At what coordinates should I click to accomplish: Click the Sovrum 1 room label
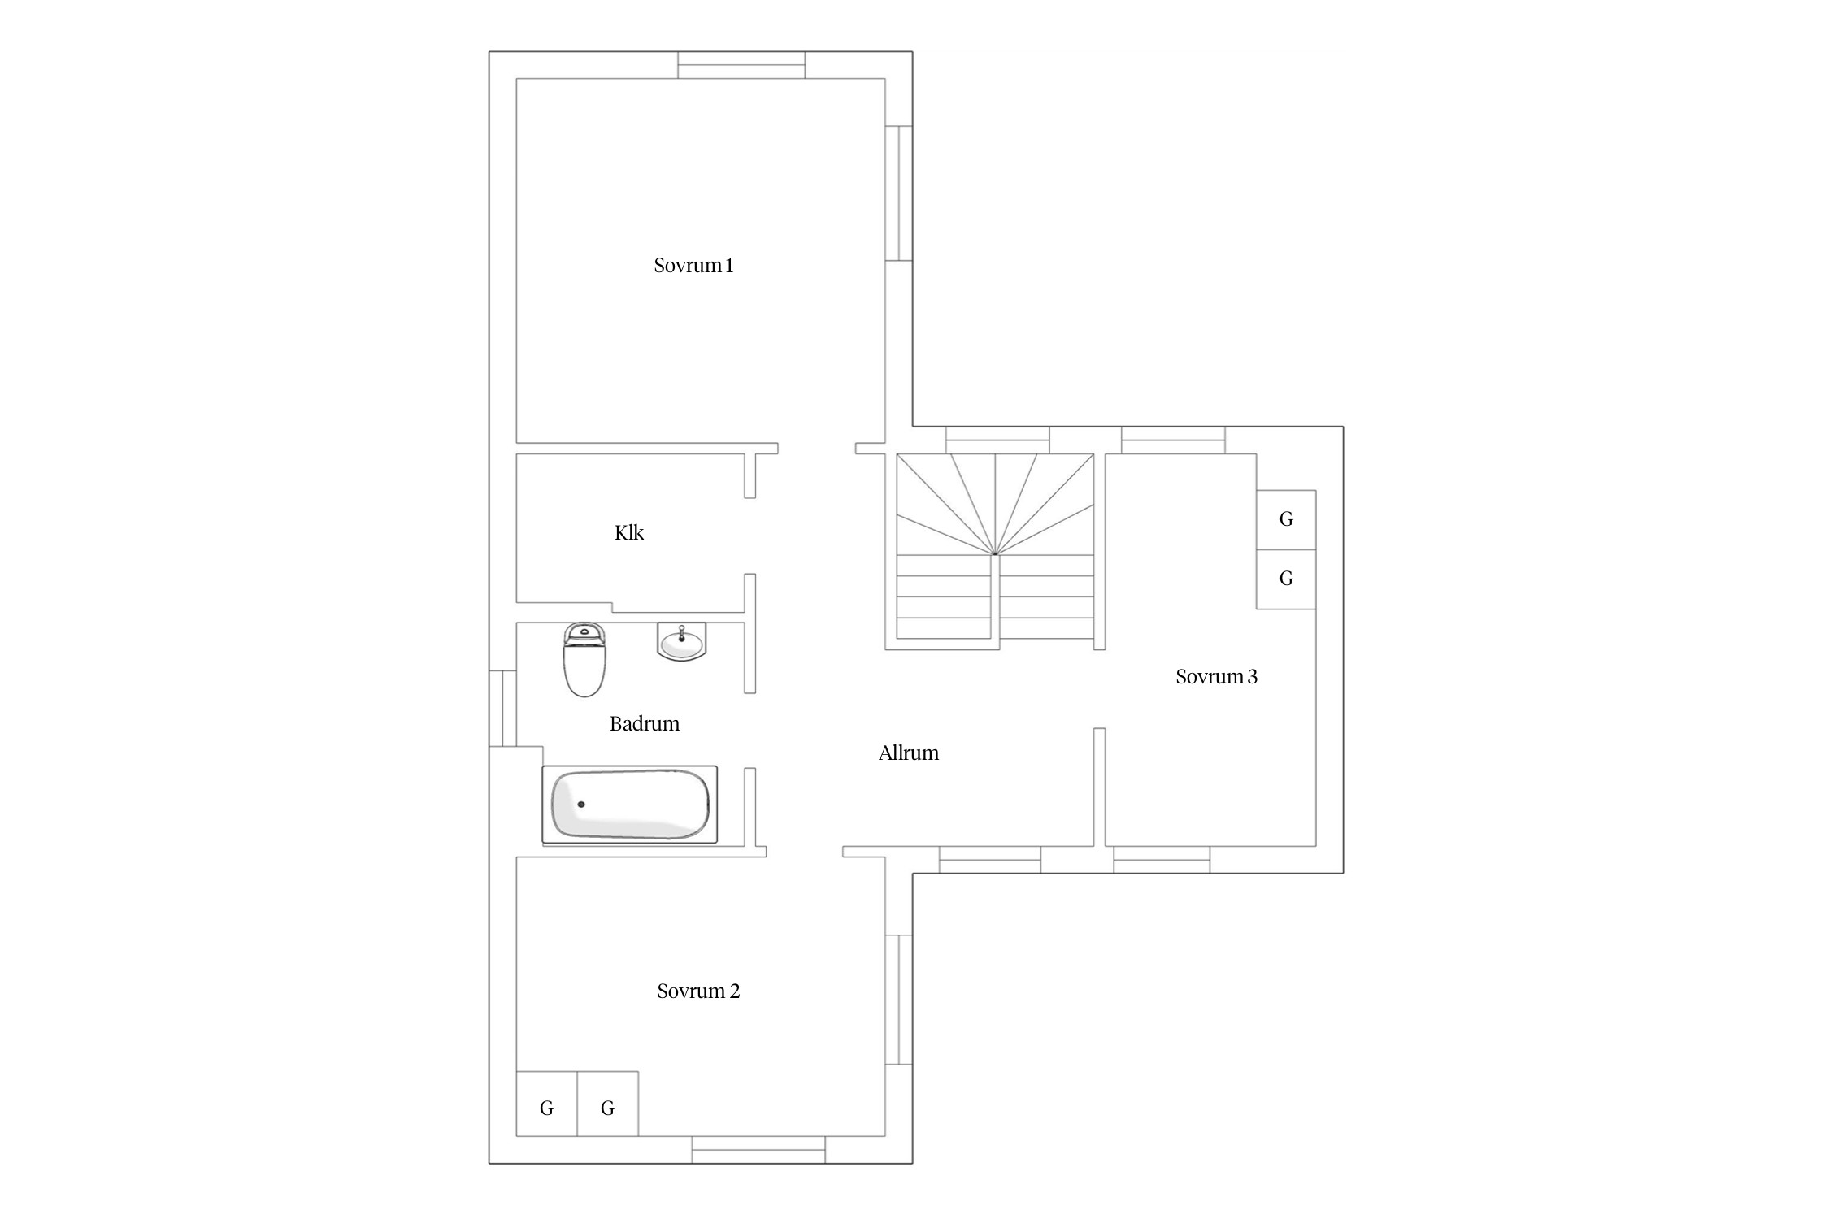(693, 266)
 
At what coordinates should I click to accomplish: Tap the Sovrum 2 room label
(698, 991)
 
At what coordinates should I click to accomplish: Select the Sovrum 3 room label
(1216, 677)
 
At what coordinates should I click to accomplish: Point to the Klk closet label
(629, 533)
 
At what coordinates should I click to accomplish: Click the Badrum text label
(645, 724)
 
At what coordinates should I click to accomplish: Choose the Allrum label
(909, 753)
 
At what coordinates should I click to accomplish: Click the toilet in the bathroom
(584, 660)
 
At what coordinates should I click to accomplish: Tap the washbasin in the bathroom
(681, 641)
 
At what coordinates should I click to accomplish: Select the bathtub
(630, 805)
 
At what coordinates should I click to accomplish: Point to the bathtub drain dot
(581, 805)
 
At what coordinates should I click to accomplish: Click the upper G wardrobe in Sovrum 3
(1286, 520)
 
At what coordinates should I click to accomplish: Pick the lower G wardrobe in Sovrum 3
(1286, 579)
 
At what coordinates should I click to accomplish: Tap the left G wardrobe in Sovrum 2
(547, 1104)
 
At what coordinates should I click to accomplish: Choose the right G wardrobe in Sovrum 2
(607, 1104)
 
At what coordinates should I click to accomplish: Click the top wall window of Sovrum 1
(741, 65)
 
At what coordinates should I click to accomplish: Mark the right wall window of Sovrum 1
(899, 193)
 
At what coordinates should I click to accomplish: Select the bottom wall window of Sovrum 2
(758, 1149)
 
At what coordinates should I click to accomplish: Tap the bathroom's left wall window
(503, 709)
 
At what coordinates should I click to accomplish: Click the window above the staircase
(997, 440)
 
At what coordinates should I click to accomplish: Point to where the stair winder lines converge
(995, 554)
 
